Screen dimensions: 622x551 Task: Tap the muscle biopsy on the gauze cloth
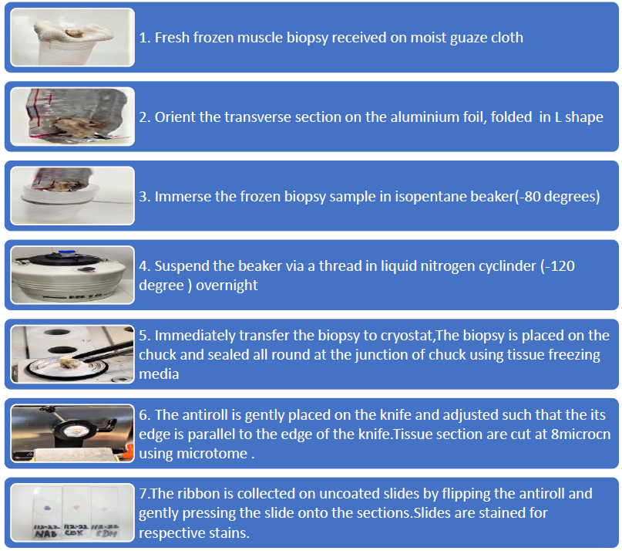pyautogui.click(x=73, y=32)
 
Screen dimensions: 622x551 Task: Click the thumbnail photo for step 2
pyautogui.click(x=72, y=117)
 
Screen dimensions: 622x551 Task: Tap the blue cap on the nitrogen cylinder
pyautogui.click(x=66, y=252)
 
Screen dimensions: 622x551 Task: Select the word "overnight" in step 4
pyautogui.click(x=227, y=286)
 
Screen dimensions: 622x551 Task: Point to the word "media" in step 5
pyautogui.click(x=159, y=374)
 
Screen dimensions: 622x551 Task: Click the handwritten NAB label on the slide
pyautogui.click(x=46, y=533)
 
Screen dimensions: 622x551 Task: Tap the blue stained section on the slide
pyautogui.click(x=47, y=508)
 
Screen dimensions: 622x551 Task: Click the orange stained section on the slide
pyautogui.click(x=76, y=507)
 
